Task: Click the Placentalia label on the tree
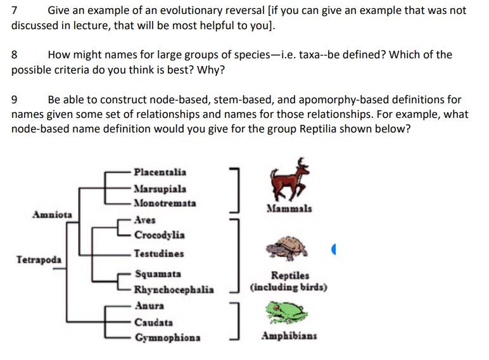pos(160,172)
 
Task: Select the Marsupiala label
pos(160,189)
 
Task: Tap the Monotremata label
pos(165,203)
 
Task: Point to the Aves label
pos(145,220)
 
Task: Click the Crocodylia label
pos(159,235)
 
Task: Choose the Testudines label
pos(159,254)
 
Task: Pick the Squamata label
pos(158,274)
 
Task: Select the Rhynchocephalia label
pos(174,290)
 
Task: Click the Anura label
pos(149,305)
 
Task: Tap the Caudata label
pos(153,323)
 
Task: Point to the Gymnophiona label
pos(167,338)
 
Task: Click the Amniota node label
pos(52,215)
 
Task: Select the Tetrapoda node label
pos(39,260)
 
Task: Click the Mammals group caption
pos(289,209)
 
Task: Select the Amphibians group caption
pos(289,336)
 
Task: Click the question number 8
pos(15,55)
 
